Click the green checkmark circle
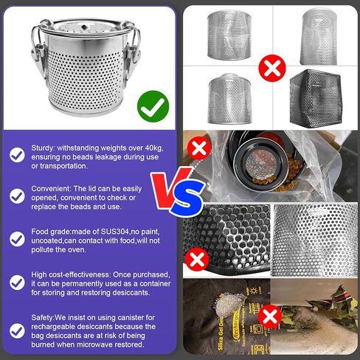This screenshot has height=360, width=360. coord(153,106)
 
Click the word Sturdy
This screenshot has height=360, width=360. coord(42,148)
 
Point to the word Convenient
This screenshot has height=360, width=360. coord(49,189)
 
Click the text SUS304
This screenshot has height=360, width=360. coord(115,232)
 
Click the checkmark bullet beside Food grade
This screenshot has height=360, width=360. coord(17,239)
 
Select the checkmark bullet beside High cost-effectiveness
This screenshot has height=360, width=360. coord(17,282)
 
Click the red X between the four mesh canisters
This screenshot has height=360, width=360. coord(272,68)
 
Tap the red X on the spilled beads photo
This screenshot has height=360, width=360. coord(199,148)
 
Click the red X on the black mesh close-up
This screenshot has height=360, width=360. coord(197,260)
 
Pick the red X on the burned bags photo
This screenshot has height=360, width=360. coord(270,316)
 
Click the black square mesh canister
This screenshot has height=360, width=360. coord(316,98)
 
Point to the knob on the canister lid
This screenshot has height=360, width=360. coord(84,27)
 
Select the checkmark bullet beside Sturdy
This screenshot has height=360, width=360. coord(17,155)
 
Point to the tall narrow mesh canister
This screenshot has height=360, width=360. coord(319,36)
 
